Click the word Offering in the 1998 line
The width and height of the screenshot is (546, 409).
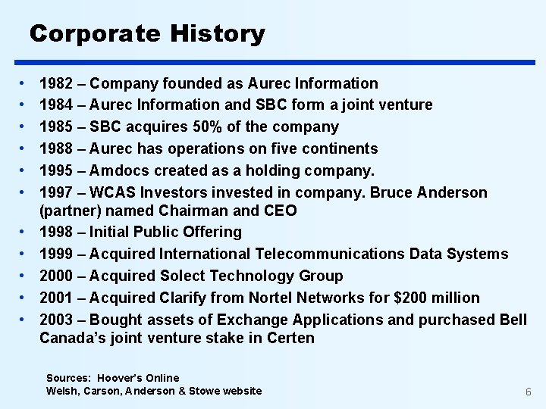click(213, 233)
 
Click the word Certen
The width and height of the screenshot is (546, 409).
click(290, 338)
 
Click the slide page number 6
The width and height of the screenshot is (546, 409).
click(528, 392)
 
